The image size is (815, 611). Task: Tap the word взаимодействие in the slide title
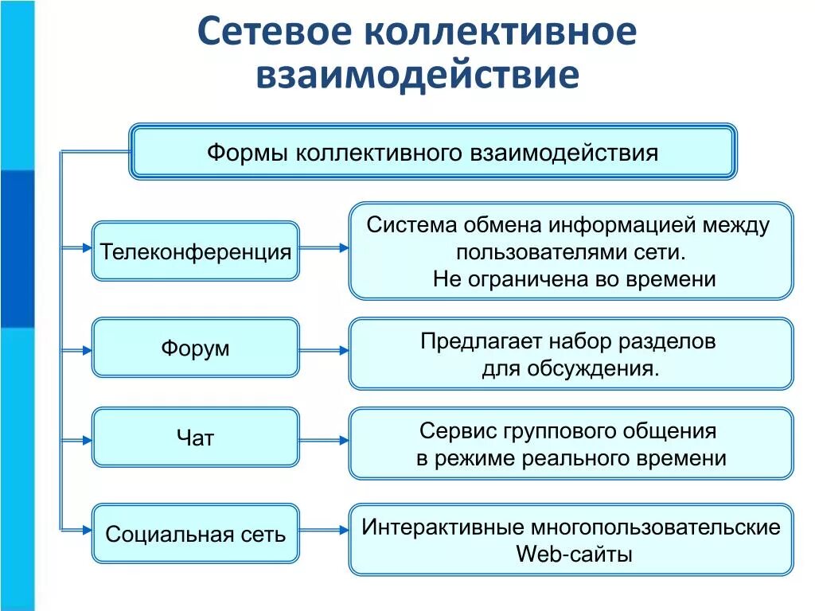[416, 76]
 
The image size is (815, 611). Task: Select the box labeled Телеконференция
[196, 251]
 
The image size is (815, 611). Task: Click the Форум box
[196, 348]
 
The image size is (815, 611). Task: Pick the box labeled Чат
[196, 437]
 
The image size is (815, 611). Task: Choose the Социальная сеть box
[196, 533]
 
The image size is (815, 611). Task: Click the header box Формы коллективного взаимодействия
[433, 151]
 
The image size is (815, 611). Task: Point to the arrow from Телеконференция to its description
[324, 248]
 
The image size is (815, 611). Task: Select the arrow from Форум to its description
[324, 349]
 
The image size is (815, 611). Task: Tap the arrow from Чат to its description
[324, 439]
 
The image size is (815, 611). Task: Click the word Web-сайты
[574, 554]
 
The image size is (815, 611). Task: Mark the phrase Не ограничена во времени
[574, 279]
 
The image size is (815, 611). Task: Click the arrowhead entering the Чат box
[87, 438]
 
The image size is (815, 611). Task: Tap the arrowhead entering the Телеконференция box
[87, 248]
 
